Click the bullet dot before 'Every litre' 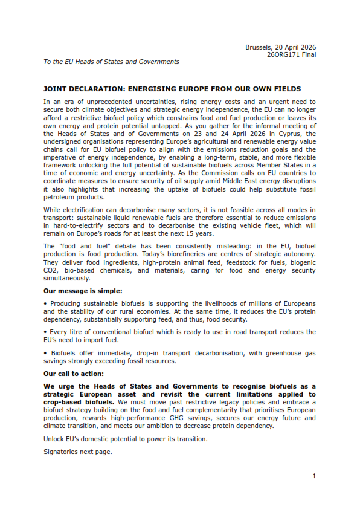[x=45, y=332]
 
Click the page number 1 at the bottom [x=314, y=476]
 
